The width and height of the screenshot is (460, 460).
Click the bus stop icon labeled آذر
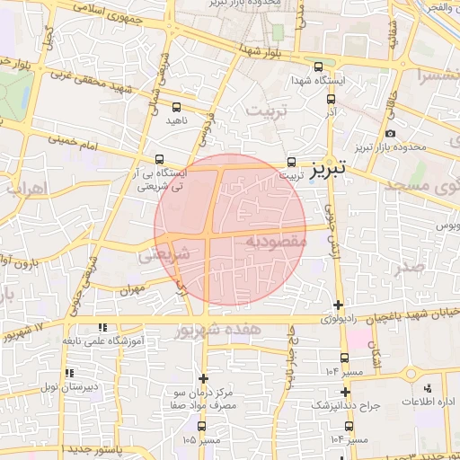click(x=331, y=100)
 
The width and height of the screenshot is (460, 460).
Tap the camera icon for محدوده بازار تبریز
click(x=390, y=133)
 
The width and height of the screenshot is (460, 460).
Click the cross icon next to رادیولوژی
click(x=338, y=305)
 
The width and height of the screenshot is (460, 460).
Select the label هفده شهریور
click(x=230, y=331)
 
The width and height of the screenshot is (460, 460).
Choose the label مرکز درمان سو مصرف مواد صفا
click(x=203, y=401)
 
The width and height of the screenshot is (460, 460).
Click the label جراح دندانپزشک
click(x=345, y=405)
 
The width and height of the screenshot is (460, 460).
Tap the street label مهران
click(x=131, y=291)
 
